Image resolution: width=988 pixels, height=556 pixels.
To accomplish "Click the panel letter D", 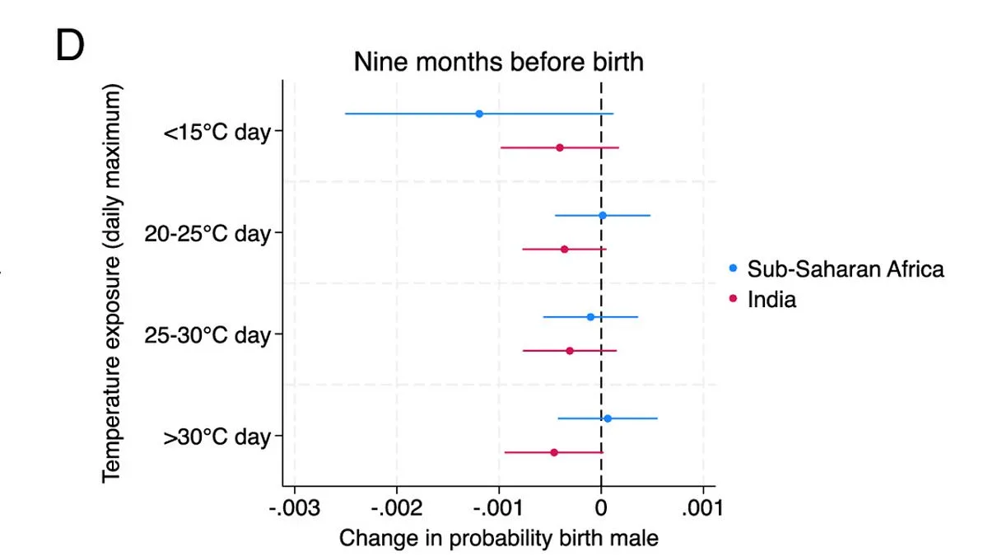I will click(70, 47).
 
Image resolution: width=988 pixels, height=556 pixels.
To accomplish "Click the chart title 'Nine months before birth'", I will click(498, 62).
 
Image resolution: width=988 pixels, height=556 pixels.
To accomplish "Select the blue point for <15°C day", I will click(479, 114).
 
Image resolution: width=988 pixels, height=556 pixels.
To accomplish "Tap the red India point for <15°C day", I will click(560, 147).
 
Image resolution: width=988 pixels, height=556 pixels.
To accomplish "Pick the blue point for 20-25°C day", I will click(602, 216).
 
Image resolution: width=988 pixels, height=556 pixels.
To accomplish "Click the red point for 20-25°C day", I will click(564, 249).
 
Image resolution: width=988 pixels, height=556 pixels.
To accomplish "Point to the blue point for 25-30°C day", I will click(590, 317).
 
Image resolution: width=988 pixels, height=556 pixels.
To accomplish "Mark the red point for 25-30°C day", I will click(570, 351).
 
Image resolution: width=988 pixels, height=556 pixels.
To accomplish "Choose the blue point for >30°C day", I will click(608, 418).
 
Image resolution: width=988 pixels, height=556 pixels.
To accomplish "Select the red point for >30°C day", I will click(554, 452).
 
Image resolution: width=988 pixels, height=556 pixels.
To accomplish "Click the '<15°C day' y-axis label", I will click(217, 132).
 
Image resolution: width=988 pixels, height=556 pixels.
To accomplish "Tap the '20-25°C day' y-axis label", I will click(207, 234).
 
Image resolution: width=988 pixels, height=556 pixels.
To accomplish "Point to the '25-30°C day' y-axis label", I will click(207, 335).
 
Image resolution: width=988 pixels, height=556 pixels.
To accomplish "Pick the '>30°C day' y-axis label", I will click(217, 437).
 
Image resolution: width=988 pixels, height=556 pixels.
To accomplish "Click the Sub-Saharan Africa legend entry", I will click(845, 269).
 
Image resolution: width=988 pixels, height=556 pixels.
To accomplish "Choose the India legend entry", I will click(771, 300).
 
